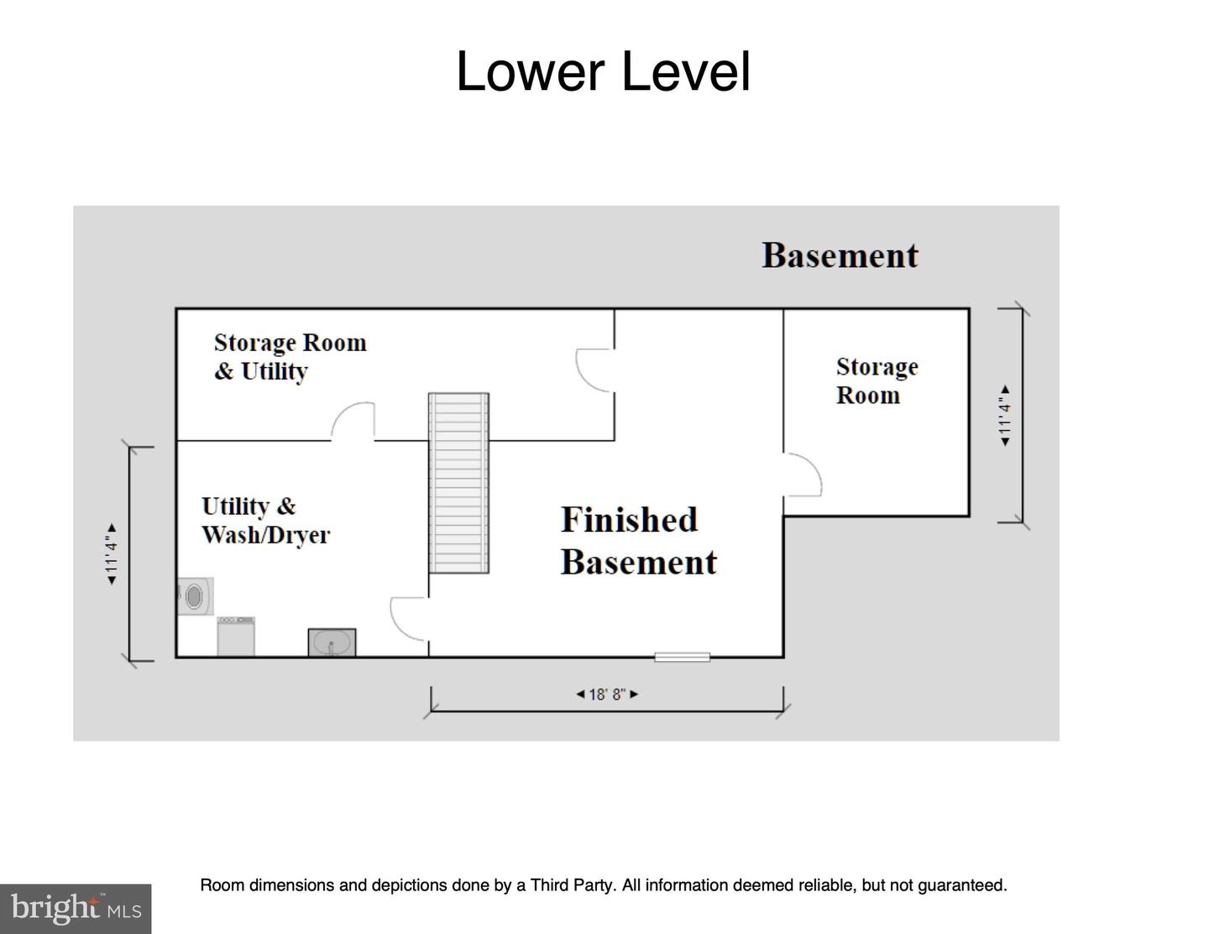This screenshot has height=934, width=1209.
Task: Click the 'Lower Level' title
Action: [x=604, y=71]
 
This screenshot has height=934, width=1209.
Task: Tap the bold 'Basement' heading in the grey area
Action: [x=840, y=255]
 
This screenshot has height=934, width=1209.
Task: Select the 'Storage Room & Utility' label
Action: [x=290, y=357]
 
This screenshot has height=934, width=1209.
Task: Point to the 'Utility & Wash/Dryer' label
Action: [x=265, y=521]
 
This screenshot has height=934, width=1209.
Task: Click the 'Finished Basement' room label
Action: [x=639, y=540]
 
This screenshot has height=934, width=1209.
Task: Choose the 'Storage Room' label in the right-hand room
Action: [x=877, y=380]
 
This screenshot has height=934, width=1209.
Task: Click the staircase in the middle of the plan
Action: [x=458, y=483]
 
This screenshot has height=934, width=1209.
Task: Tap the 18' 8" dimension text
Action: [x=607, y=694]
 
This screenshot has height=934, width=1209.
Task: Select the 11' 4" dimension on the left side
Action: [x=112, y=554]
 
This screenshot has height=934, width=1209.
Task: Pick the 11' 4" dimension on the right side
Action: [x=1004, y=415]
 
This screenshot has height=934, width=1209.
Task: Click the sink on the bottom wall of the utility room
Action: [x=332, y=643]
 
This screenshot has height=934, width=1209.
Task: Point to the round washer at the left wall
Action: [x=194, y=596]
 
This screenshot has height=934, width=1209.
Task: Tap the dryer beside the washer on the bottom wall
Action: [x=236, y=636]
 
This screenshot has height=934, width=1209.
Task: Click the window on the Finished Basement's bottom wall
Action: [x=682, y=658]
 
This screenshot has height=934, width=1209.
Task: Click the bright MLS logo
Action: [x=76, y=909]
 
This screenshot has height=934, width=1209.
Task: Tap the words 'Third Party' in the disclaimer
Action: [x=572, y=885]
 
